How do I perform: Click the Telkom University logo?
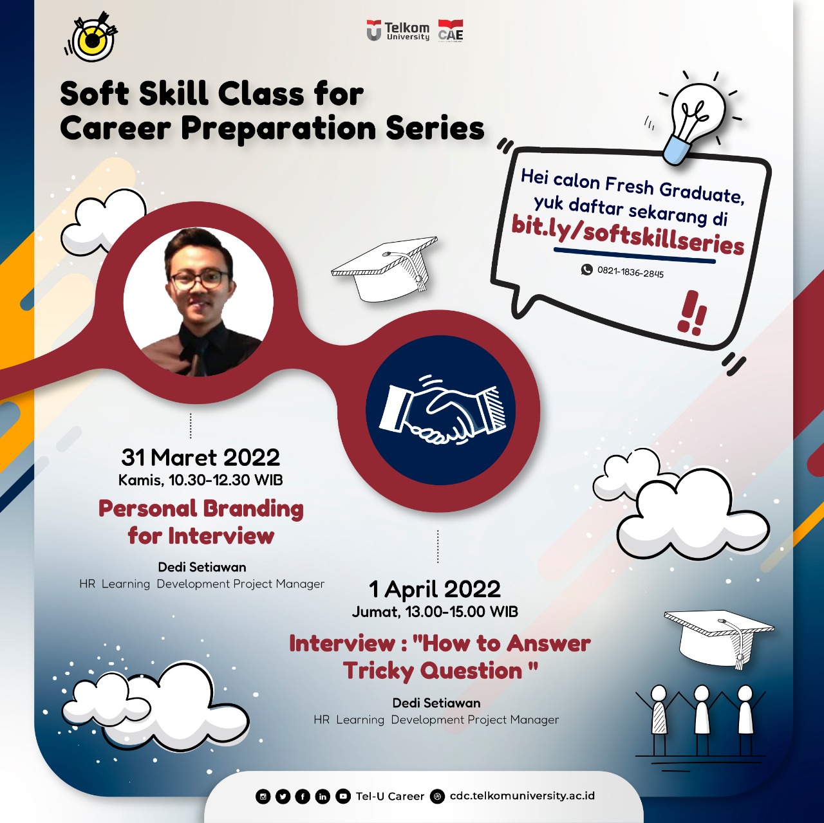pos(398,32)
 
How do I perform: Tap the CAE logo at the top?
pos(450,31)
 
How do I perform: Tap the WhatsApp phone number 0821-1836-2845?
pos(630,272)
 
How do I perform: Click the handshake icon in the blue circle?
pos(442,411)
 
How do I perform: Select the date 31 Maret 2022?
pos(201,457)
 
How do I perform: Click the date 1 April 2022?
pos(435,589)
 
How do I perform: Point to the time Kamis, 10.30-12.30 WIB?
pos(201,480)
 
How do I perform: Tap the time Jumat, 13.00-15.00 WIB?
pos(435,612)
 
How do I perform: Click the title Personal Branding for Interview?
pos(201,522)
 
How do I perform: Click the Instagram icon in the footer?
pos(263,796)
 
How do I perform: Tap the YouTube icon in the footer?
pos(342,796)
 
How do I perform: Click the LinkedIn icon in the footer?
pos(323,796)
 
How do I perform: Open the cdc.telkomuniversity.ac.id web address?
pos(522,795)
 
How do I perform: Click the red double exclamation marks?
pos(692,313)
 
